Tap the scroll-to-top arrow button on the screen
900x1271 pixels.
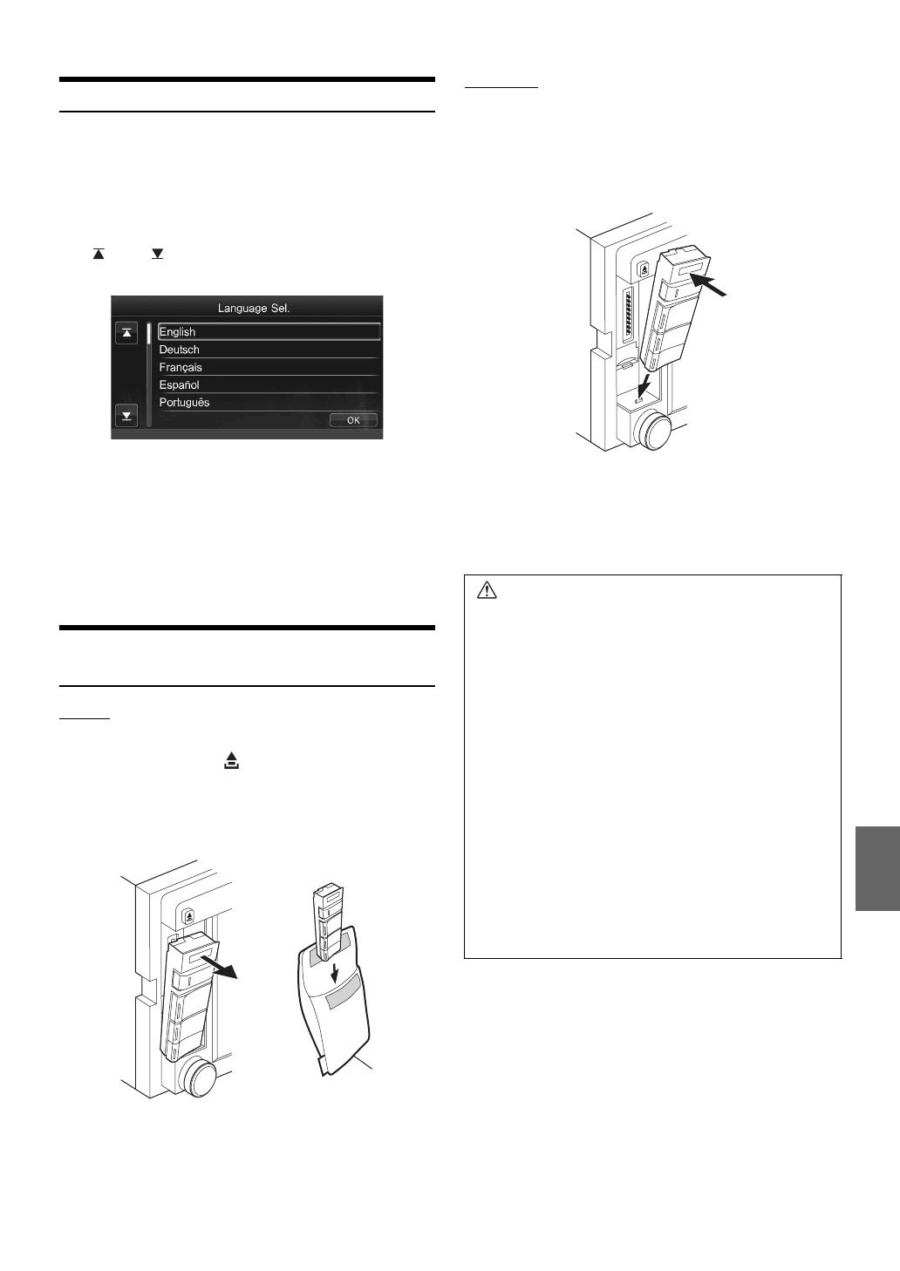click(x=127, y=332)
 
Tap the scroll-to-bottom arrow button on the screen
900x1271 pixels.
click(x=127, y=416)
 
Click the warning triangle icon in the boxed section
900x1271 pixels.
click(x=487, y=591)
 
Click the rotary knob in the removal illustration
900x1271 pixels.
click(x=197, y=1077)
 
